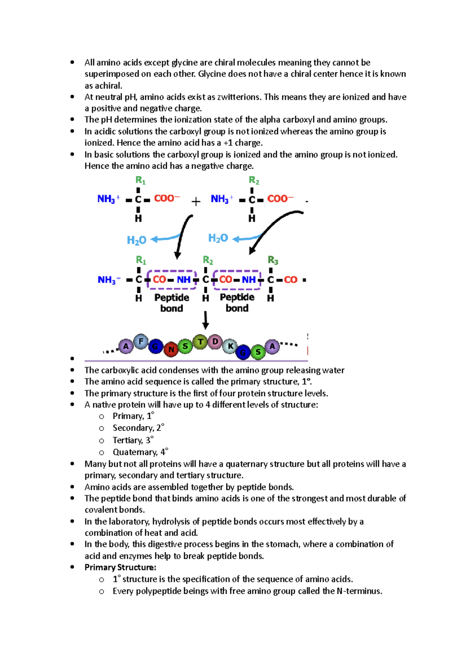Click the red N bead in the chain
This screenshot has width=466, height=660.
click(171, 349)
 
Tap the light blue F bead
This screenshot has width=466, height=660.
click(141, 342)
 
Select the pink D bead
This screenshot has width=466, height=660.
click(214, 342)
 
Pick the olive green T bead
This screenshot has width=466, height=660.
click(200, 342)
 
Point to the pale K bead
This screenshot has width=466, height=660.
click(230, 346)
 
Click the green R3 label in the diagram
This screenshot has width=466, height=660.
click(273, 260)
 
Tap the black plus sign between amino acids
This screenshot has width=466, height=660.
click(196, 201)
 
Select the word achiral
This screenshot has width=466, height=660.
click(108, 86)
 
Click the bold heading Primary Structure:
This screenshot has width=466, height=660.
click(120, 567)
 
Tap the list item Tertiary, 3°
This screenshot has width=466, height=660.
click(133, 440)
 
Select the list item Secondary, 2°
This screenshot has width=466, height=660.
click(138, 428)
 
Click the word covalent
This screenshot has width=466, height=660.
click(99, 510)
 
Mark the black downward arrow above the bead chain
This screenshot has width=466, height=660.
click(206, 320)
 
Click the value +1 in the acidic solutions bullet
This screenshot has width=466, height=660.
click(228, 143)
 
